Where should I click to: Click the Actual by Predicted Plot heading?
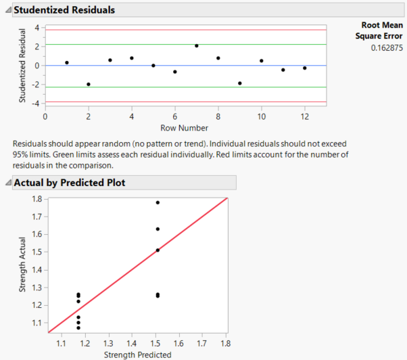point(69,183)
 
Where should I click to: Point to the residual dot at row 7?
point(197,46)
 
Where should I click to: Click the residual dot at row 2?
point(89,84)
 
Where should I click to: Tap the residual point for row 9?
point(240,83)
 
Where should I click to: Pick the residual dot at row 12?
point(305,68)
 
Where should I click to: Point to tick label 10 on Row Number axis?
point(262,116)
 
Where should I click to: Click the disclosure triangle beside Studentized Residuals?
point(7,10)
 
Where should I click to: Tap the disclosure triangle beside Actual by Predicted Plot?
point(7,183)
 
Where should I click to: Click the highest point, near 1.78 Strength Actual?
point(158,202)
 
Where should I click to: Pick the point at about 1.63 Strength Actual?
point(158,229)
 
